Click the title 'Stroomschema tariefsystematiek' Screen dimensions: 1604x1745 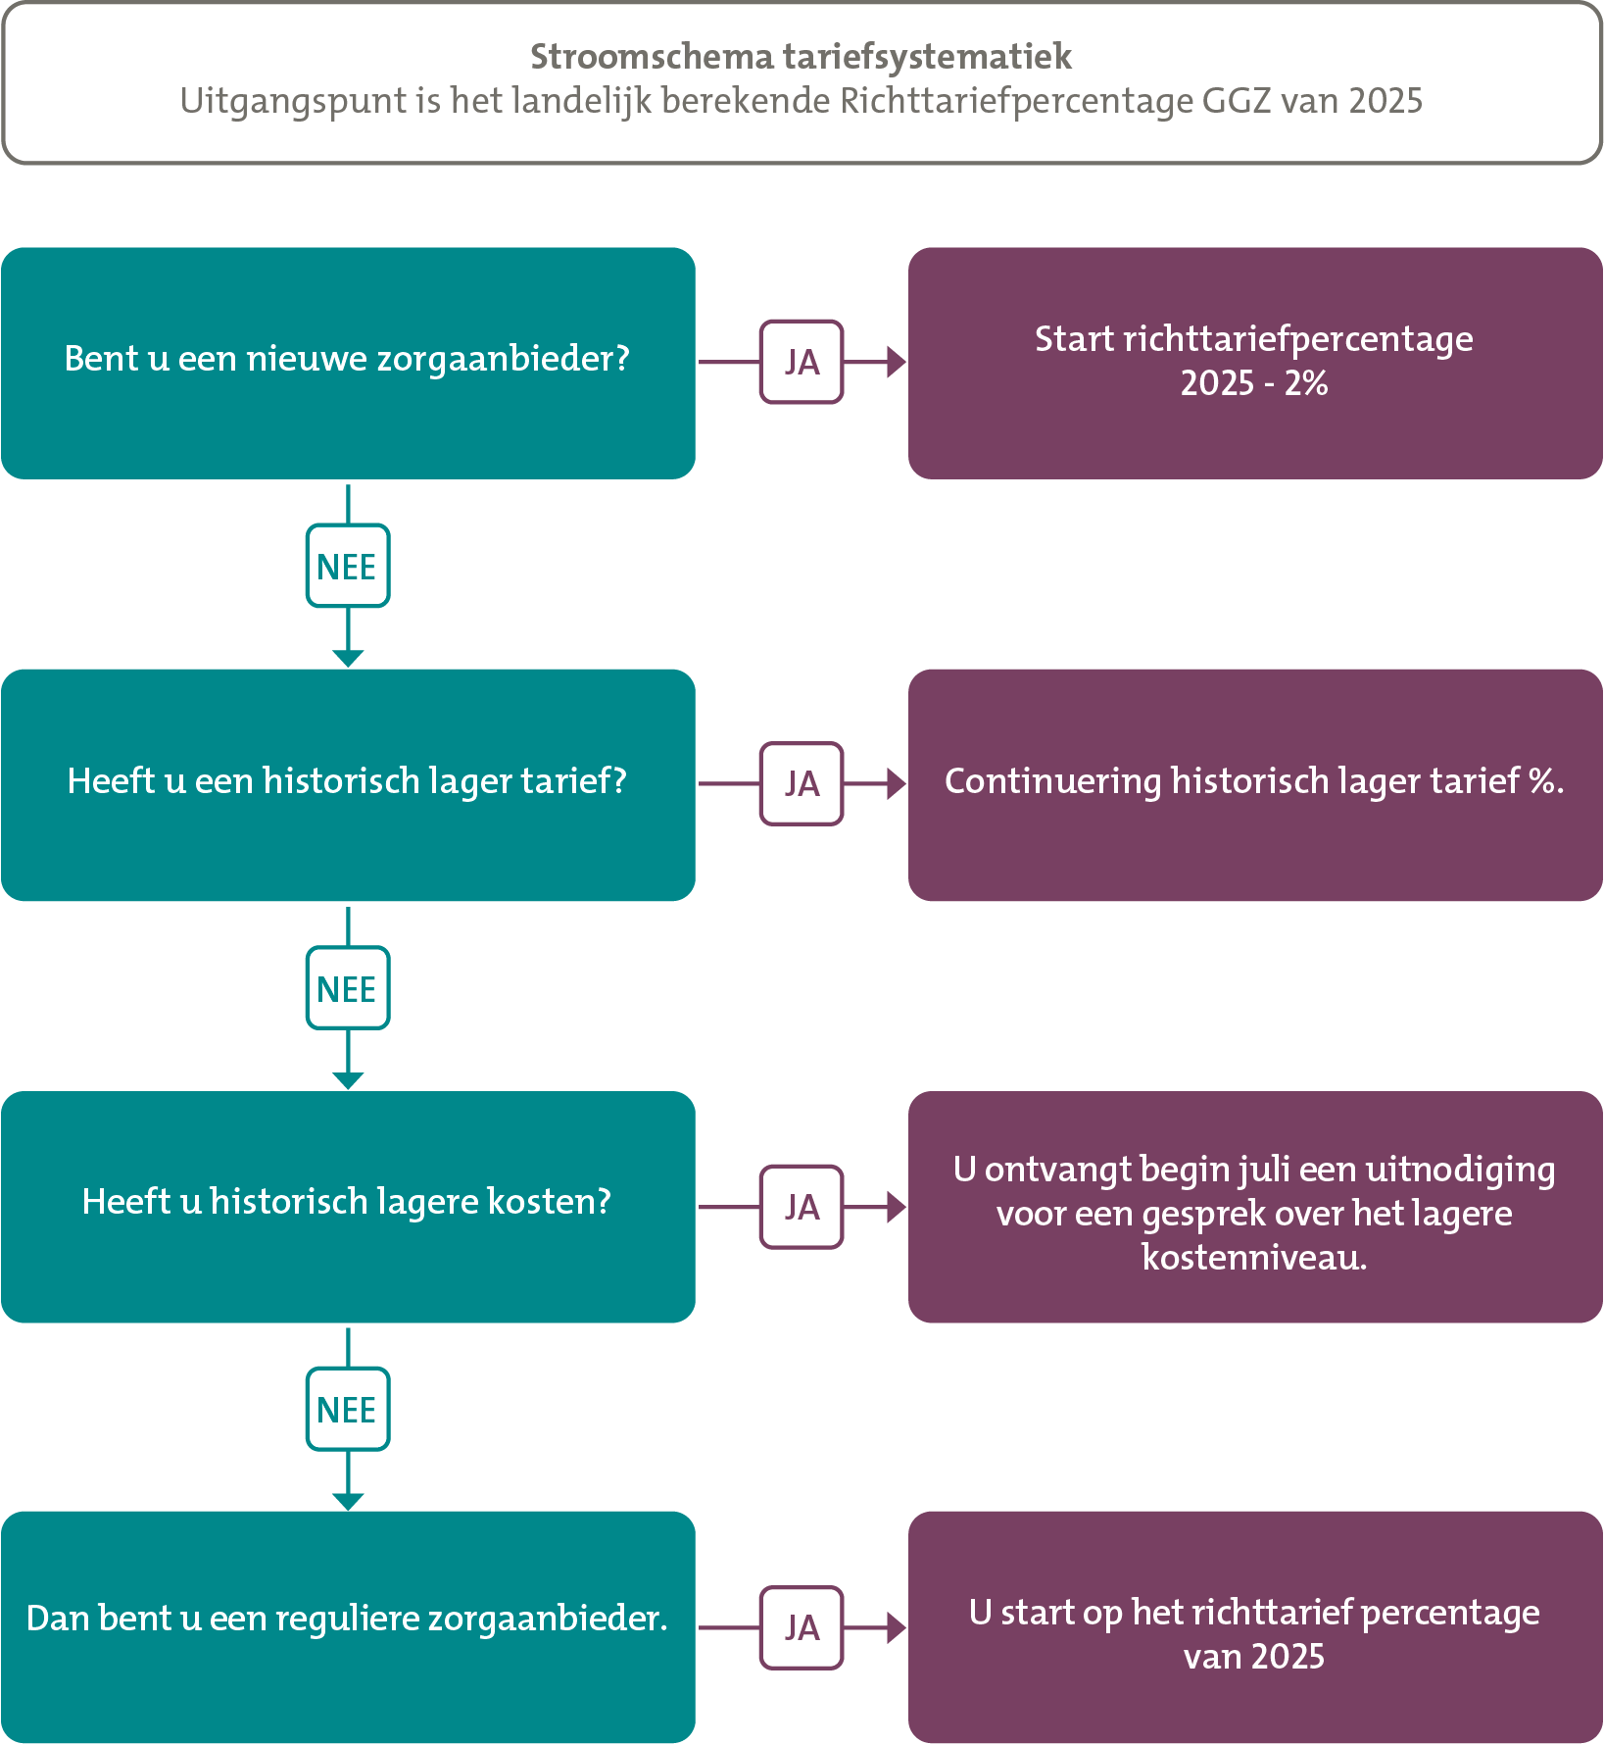pos(801,57)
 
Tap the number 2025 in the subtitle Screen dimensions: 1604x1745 pos(1385,101)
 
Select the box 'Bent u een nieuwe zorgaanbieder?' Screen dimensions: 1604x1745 pos(348,363)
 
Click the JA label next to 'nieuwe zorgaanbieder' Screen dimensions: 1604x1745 pos(802,362)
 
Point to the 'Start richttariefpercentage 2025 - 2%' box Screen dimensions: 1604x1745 pos(1255,363)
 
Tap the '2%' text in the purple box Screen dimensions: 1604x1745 pos(1306,383)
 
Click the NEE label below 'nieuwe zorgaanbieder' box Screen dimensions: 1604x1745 pos(348,566)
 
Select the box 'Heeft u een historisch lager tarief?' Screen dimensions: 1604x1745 pos(348,785)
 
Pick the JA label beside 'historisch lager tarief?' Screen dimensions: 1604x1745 pos(802,783)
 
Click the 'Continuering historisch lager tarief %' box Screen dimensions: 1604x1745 pos(1255,785)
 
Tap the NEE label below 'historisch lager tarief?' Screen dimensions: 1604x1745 pos(348,988)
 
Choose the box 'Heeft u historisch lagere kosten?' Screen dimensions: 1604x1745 pos(348,1207)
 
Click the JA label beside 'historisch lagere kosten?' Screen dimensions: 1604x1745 pos(802,1207)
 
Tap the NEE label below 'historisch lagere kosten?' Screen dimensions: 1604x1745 pos(348,1409)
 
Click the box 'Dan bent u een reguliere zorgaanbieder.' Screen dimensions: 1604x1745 pos(348,1627)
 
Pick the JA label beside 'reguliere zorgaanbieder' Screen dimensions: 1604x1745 pos(802,1627)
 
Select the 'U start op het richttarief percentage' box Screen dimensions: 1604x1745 pos(1255,1627)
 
